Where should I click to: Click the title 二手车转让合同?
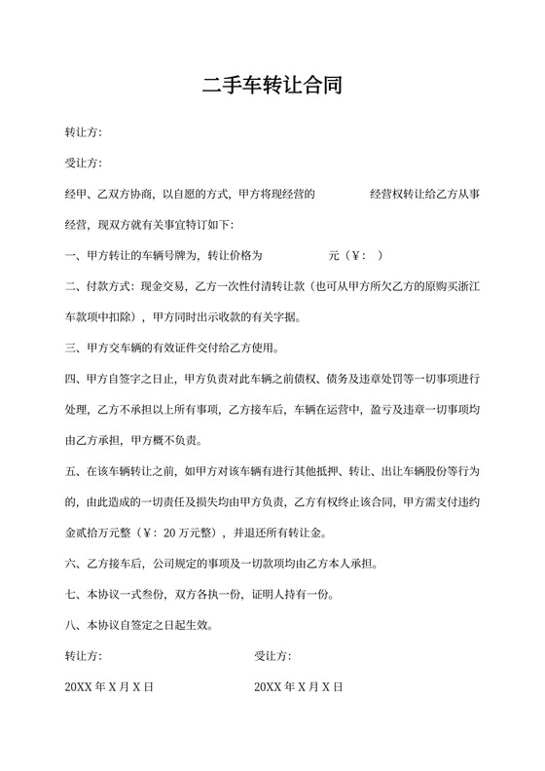point(272,85)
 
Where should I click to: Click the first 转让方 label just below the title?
point(83,131)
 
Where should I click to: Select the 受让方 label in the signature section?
point(272,656)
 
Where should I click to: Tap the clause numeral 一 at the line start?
point(70,255)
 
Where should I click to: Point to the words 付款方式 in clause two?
point(108,286)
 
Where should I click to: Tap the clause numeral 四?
point(70,379)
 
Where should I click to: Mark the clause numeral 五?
point(70,471)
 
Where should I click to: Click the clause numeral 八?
point(70,625)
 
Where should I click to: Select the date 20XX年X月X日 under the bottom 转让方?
point(109,687)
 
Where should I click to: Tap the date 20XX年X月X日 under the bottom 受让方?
point(299,687)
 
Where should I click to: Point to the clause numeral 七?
point(70,595)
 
